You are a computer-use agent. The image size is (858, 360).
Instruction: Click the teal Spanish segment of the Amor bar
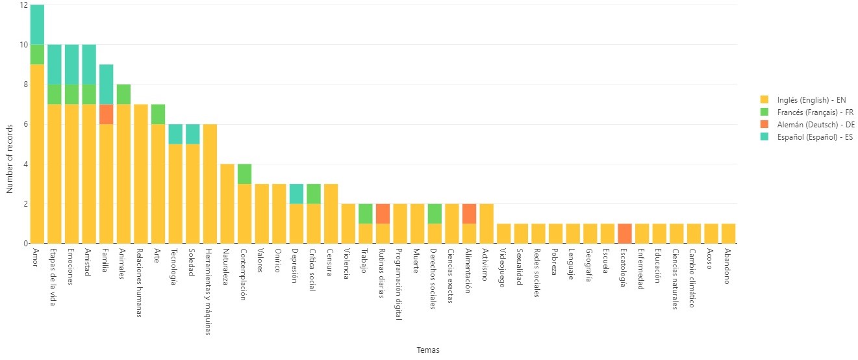[37, 25]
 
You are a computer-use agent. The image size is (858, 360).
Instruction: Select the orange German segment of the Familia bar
[106, 114]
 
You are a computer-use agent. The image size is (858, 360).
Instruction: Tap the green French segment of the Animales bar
[123, 94]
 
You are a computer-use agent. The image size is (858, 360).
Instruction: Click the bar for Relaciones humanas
[140, 174]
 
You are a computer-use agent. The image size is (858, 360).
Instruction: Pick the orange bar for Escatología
[625, 233]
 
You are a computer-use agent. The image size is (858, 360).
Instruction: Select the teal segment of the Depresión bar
[296, 194]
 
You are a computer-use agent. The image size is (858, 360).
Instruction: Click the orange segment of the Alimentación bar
[469, 214]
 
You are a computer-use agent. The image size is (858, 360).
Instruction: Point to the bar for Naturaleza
[227, 203]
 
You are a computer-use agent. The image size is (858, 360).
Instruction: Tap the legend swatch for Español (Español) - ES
[764, 137]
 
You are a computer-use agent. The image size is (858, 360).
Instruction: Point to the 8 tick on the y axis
[23, 84]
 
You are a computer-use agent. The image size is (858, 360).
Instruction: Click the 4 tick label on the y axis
[23, 164]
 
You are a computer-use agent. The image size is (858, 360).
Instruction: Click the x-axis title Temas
[428, 350]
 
